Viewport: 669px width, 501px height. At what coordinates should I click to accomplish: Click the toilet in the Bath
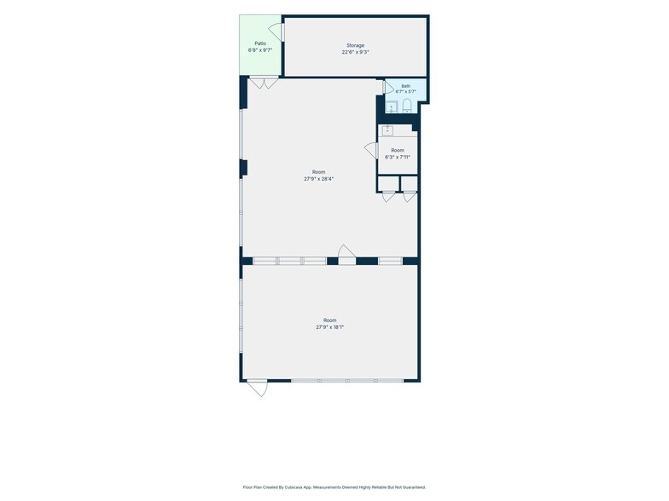click(407, 106)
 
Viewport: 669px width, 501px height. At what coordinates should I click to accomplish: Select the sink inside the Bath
click(391, 107)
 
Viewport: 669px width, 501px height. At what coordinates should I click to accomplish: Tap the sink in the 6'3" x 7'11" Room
click(387, 130)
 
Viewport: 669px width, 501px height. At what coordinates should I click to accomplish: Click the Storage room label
click(355, 46)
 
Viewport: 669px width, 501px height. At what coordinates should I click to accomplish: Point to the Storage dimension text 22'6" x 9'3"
click(355, 53)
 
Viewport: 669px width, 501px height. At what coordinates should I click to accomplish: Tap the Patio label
click(260, 43)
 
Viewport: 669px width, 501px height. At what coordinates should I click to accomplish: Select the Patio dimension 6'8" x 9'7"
click(260, 50)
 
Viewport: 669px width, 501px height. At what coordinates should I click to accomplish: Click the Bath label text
click(406, 86)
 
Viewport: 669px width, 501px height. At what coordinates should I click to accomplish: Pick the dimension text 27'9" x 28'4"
click(319, 179)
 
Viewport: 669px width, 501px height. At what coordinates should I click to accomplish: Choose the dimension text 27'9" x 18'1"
click(329, 327)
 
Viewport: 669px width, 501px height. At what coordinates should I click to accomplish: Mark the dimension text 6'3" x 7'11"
click(398, 157)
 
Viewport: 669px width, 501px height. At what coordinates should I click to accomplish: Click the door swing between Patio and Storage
click(276, 32)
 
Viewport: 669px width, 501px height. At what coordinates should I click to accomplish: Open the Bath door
click(389, 87)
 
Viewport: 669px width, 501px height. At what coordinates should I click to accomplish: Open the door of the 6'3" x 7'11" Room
click(371, 150)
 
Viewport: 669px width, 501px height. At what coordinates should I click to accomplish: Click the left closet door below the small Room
click(389, 196)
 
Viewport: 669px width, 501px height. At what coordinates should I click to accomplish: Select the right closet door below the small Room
click(410, 196)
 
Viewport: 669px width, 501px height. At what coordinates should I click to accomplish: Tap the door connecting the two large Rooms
click(346, 255)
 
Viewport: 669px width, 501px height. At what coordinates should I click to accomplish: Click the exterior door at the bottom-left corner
click(258, 388)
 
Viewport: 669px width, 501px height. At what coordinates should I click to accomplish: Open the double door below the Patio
click(265, 83)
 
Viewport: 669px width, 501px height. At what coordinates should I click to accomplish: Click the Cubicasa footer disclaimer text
click(334, 487)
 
